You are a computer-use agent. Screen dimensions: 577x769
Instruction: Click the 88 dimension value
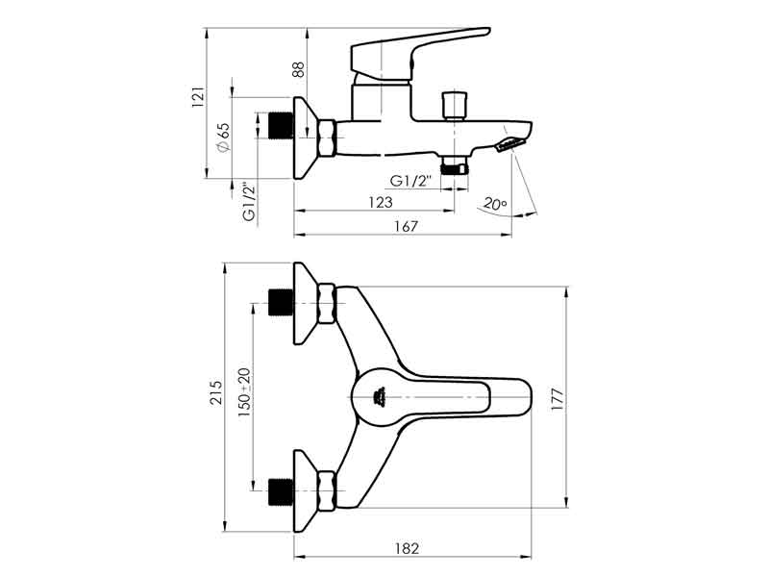coord(298,69)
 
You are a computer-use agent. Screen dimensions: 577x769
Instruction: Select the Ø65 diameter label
coord(223,138)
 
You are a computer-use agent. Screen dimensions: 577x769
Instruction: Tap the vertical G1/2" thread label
coord(248,203)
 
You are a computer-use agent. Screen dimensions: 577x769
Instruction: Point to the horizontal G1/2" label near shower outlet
coord(411,181)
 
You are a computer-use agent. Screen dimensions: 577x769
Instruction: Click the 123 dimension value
coord(381,202)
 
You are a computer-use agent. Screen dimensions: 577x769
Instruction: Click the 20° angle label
coord(494,204)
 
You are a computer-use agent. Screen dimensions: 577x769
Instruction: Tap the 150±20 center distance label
coord(244,392)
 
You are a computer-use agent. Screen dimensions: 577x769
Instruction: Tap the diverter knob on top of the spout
coord(450,104)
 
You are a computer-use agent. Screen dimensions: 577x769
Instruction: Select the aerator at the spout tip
coord(510,145)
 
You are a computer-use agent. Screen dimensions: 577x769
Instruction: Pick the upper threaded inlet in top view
coord(281,302)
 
